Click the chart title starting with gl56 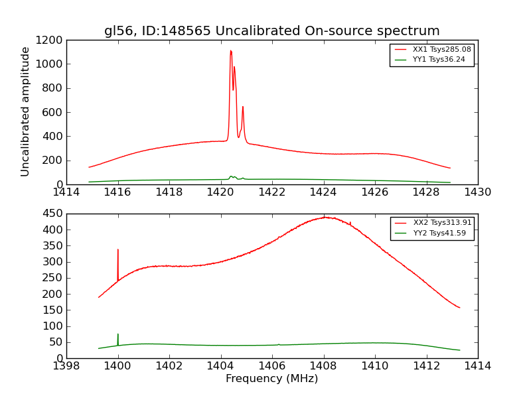pos(271,31)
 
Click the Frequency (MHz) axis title pos(271,379)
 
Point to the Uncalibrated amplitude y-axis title pos(26,111)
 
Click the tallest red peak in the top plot pos(230,52)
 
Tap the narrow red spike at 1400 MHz pos(118,251)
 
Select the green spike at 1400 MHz pos(118,336)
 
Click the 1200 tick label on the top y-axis pos(50,40)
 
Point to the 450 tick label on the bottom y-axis pos(52,214)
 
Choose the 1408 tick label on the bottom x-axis pos(323,366)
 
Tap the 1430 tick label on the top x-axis pos(477,192)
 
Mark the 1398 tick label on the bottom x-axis pos(66,366)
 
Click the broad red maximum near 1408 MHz pos(325,218)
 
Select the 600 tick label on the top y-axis pos(52,112)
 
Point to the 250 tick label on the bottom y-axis pos(52,278)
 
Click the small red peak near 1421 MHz pos(243,107)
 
